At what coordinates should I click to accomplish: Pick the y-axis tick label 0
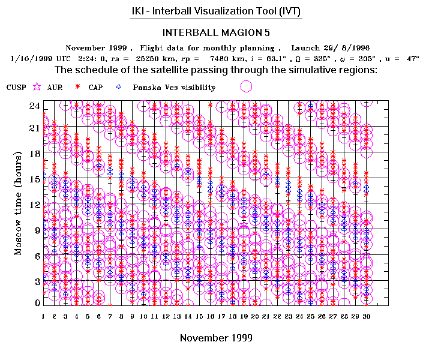tap(37, 303)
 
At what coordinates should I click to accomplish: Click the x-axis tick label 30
tap(366, 316)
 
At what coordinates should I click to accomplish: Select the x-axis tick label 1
tap(43, 316)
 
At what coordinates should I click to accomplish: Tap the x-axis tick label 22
tap(277, 316)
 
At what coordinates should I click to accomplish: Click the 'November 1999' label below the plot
tap(216, 338)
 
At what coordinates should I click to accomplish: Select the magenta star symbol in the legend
tap(37, 88)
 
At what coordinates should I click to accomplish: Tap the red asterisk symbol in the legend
tap(77, 88)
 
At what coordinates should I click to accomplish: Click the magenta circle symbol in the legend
tap(245, 87)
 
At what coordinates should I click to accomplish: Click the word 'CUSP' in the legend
tap(16, 88)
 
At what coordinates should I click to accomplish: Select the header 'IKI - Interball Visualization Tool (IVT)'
tap(216, 11)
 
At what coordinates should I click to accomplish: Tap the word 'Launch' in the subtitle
tap(306, 47)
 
